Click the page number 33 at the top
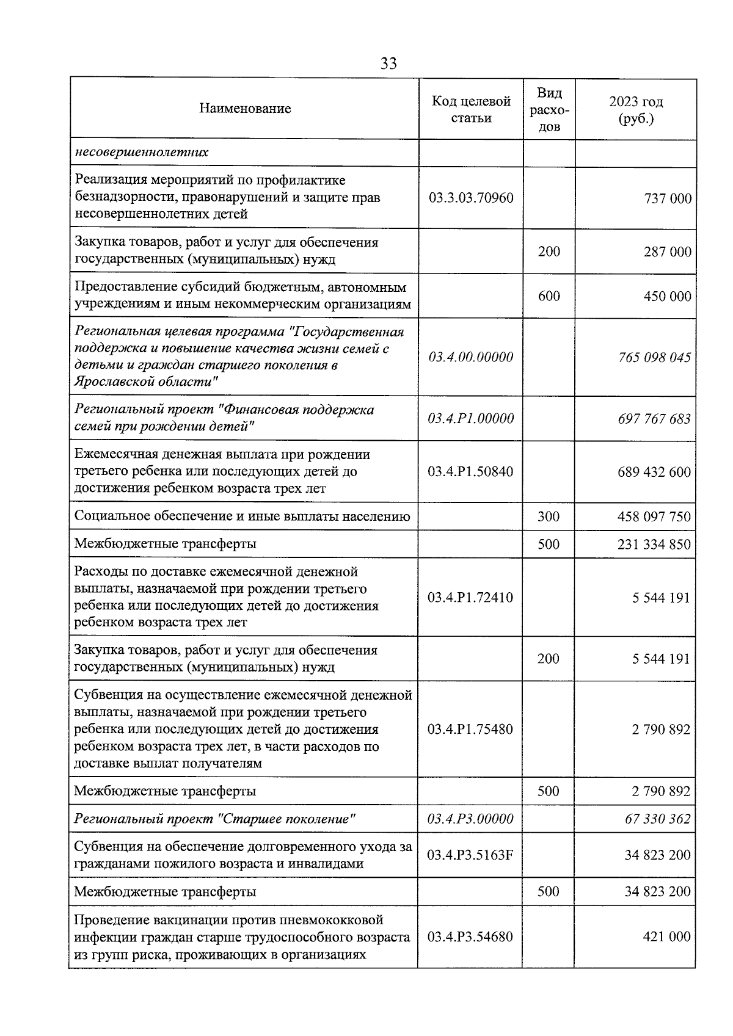click(x=388, y=63)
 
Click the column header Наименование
click(x=245, y=109)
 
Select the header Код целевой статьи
click(x=471, y=109)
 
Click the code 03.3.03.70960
click(x=471, y=198)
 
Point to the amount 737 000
click(x=668, y=198)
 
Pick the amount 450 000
click(x=668, y=297)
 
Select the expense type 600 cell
click(x=549, y=296)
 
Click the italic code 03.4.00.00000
click(x=471, y=357)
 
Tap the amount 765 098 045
click(x=654, y=357)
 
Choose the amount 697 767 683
click(x=654, y=419)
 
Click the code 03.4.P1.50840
click(x=471, y=472)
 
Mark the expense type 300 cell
click(x=549, y=516)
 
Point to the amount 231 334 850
click(x=654, y=544)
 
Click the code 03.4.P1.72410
click(x=471, y=598)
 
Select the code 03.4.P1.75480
click(x=471, y=730)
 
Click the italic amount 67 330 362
click(x=657, y=819)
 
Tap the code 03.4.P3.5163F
click(x=471, y=855)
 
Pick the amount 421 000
click(x=667, y=936)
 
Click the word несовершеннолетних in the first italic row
click(x=141, y=153)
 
